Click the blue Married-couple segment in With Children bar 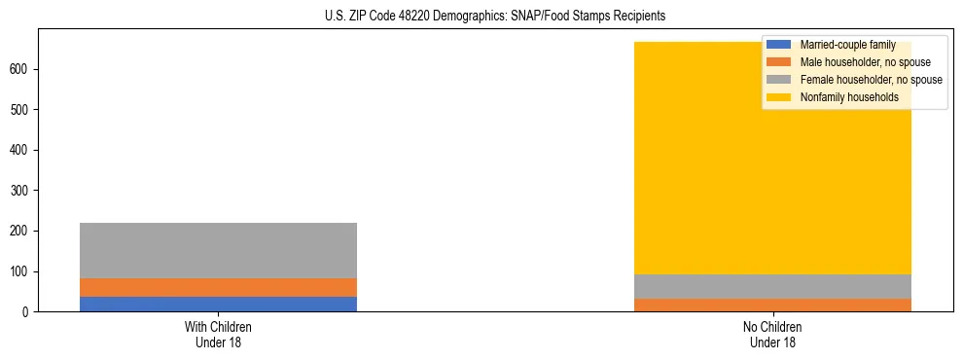tap(218, 304)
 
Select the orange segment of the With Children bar tap(218, 287)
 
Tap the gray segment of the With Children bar tap(218, 250)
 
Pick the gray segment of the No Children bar tap(772, 286)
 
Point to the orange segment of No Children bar tap(772, 305)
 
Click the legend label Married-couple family tap(847, 45)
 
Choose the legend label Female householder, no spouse tap(872, 80)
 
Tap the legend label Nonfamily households tap(849, 97)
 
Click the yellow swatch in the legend tap(779, 97)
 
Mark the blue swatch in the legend tap(779, 45)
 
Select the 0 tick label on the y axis tap(27, 312)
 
